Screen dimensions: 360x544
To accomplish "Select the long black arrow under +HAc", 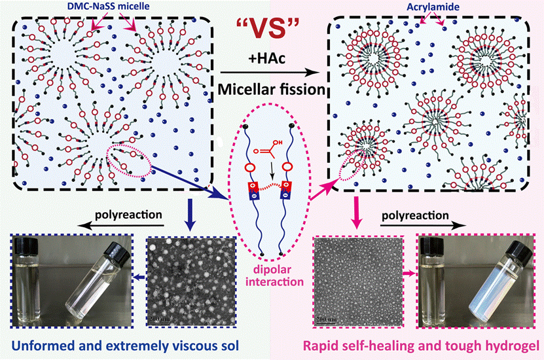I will pos(271,71).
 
